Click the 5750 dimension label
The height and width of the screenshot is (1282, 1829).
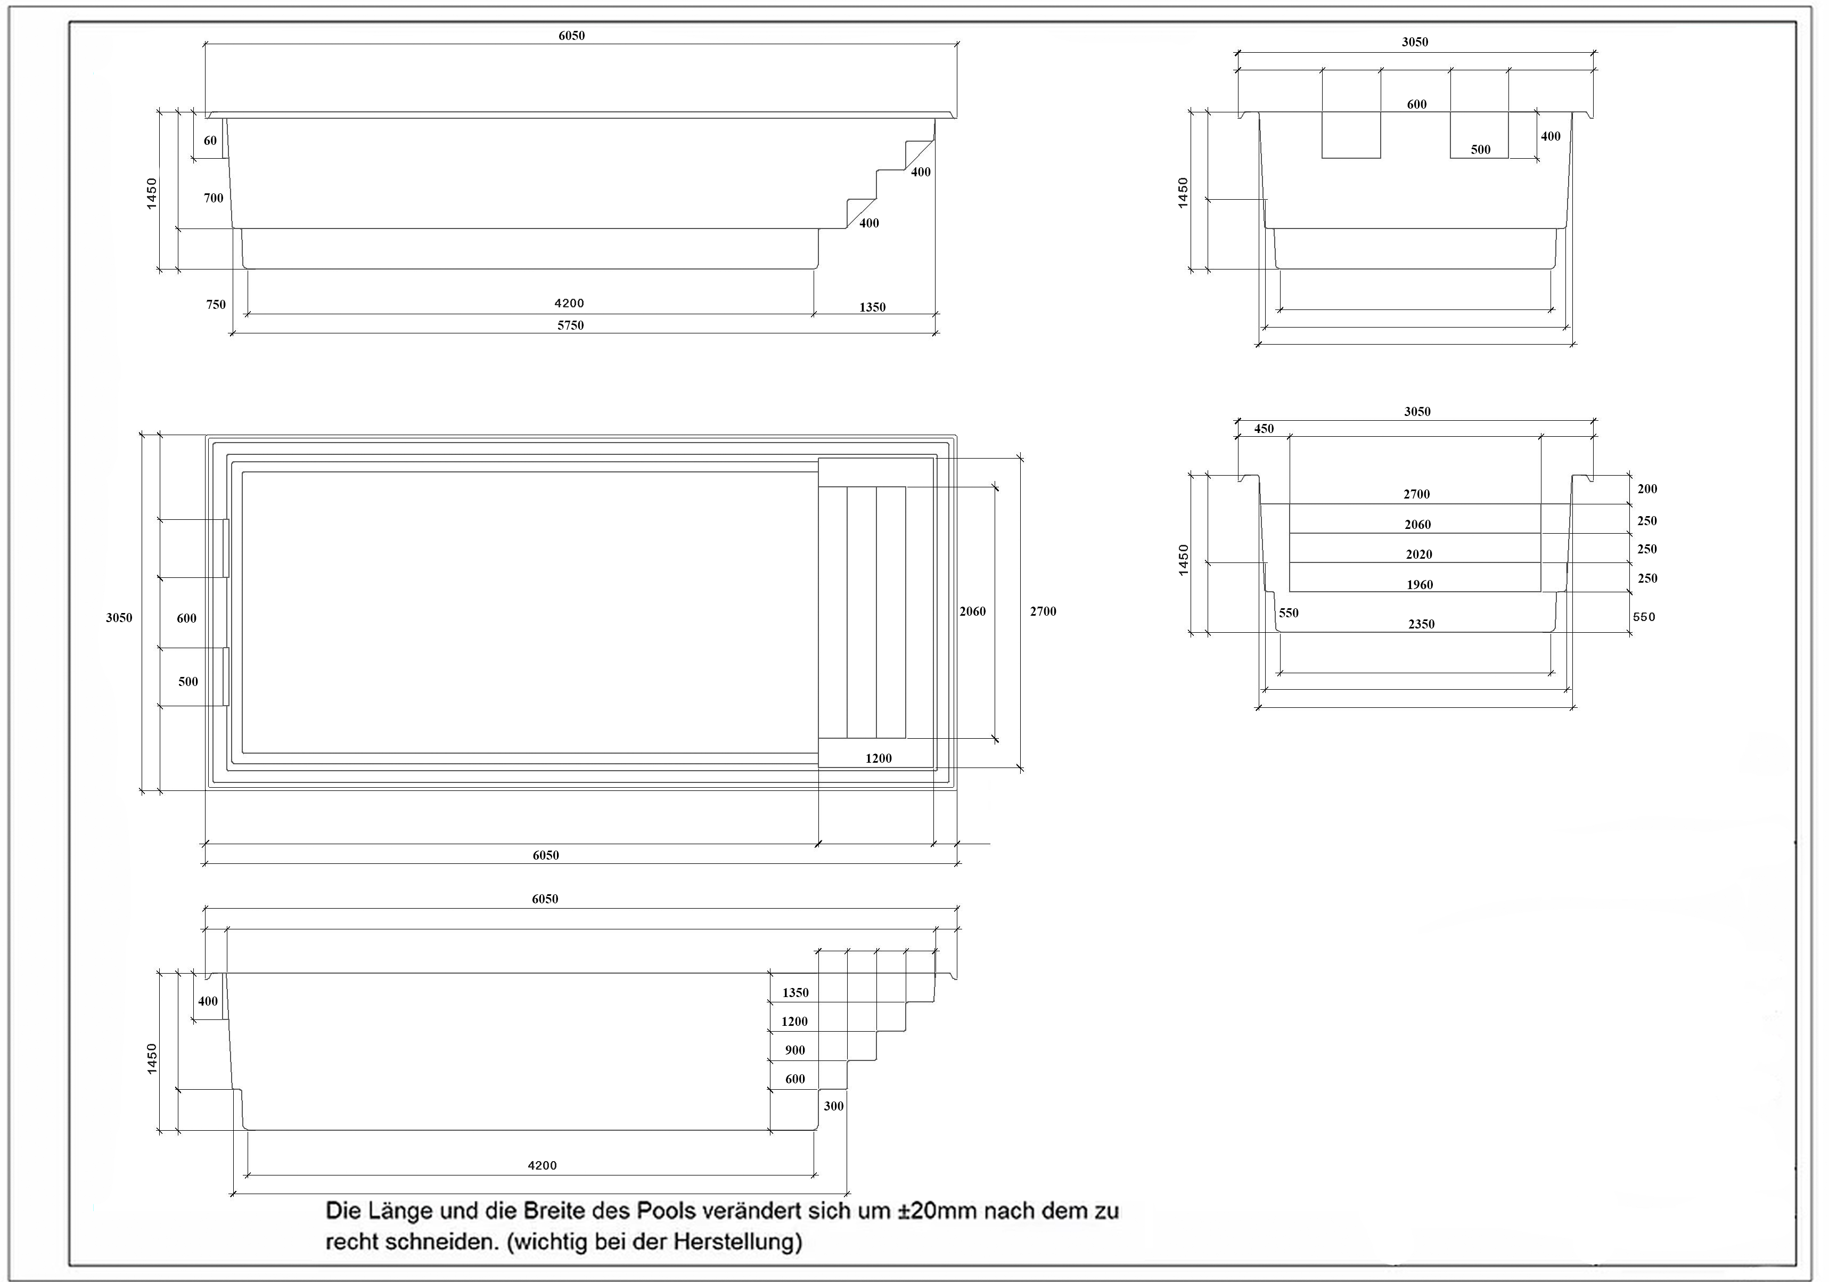pyautogui.click(x=570, y=325)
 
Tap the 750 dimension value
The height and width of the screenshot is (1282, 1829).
pyautogui.click(x=216, y=304)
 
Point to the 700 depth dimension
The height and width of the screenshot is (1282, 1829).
pyautogui.click(x=214, y=198)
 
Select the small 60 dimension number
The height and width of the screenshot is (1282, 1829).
pyautogui.click(x=210, y=140)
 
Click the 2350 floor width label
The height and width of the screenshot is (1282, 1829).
pyautogui.click(x=1421, y=624)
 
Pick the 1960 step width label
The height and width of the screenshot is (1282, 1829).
pyautogui.click(x=1420, y=585)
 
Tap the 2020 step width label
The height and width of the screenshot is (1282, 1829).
pyautogui.click(x=1419, y=554)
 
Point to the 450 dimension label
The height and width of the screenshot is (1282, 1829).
pyautogui.click(x=1264, y=429)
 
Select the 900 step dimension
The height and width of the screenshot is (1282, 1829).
pyautogui.click(x=795, y=1050)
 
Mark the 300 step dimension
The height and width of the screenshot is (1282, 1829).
pyautogui.click(x=833, y=1106)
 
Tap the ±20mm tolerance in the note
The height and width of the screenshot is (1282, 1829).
pyautogui.click(x=935, y=1211)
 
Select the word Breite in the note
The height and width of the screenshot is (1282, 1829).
pyautogui.click(x=553, y=1211)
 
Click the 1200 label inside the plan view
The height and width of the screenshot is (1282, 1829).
pyautogui.click(x=879, y=758)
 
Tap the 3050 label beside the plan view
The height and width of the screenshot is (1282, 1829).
pyautogui.click(x=119, y=617)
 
